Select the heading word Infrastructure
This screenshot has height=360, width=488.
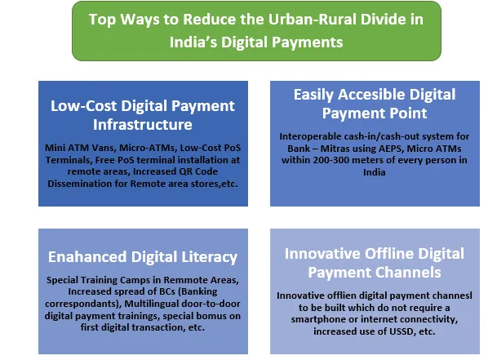(x=143, y=125)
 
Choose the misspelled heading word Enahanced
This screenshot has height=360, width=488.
(x=87, y=257)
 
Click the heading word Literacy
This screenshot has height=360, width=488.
(x=210, y=258)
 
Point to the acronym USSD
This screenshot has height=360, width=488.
(x=401, y=331)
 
